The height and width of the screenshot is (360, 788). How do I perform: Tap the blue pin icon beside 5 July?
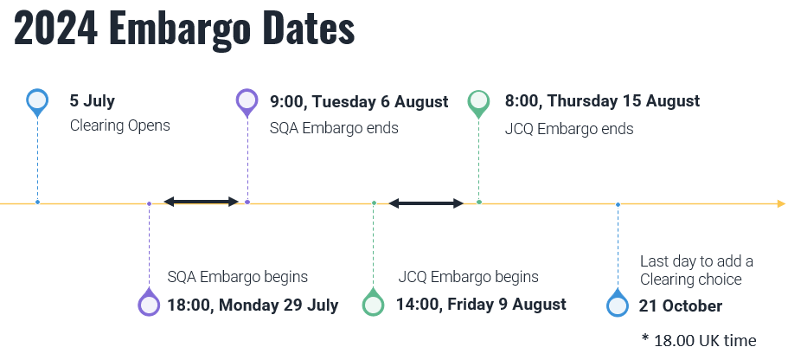(37, 101)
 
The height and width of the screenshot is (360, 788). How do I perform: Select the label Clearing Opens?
(119, 125)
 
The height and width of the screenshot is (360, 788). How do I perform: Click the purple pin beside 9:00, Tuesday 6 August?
(247, 101)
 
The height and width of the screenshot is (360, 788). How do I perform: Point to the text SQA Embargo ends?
(334, 128)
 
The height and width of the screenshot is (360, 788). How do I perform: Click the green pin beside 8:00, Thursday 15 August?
(478, 101)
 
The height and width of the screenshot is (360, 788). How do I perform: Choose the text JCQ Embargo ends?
(569, 129)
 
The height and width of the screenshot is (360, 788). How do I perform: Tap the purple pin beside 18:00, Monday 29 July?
(149, 304)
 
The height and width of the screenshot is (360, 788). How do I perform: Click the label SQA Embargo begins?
(238, 277)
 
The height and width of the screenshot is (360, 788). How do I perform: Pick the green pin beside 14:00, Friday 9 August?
(373, 304)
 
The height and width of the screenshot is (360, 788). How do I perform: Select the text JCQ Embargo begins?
(468, 277)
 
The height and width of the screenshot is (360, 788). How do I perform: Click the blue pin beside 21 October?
(617, 305)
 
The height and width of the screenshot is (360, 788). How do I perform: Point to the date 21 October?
(680, 305)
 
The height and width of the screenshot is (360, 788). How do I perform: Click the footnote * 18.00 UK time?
(699, 340)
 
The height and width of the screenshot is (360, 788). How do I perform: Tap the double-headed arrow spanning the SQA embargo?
(201, 202)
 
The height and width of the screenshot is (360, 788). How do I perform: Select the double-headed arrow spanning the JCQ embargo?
(426, 203)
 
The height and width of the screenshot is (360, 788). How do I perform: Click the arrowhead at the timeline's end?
(781, 204)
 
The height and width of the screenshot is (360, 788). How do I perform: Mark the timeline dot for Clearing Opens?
(37, 202)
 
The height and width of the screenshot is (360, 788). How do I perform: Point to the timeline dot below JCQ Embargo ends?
(478, 202)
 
